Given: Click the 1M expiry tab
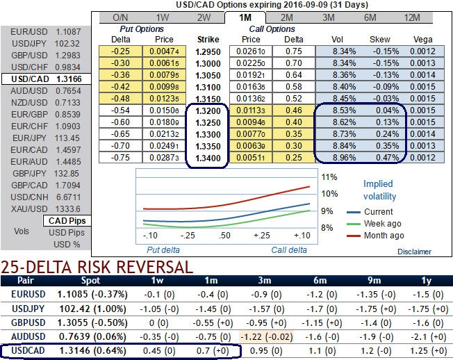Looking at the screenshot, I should [x=245, y=17].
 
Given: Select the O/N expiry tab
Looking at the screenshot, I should [x=120, y=17].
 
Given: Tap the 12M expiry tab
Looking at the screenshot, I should [x=412, y=17].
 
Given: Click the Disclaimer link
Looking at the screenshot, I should [x=415, y=252].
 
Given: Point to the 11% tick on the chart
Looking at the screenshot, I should [x=329, y=177].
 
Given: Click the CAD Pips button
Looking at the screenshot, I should [x=66, y=220].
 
